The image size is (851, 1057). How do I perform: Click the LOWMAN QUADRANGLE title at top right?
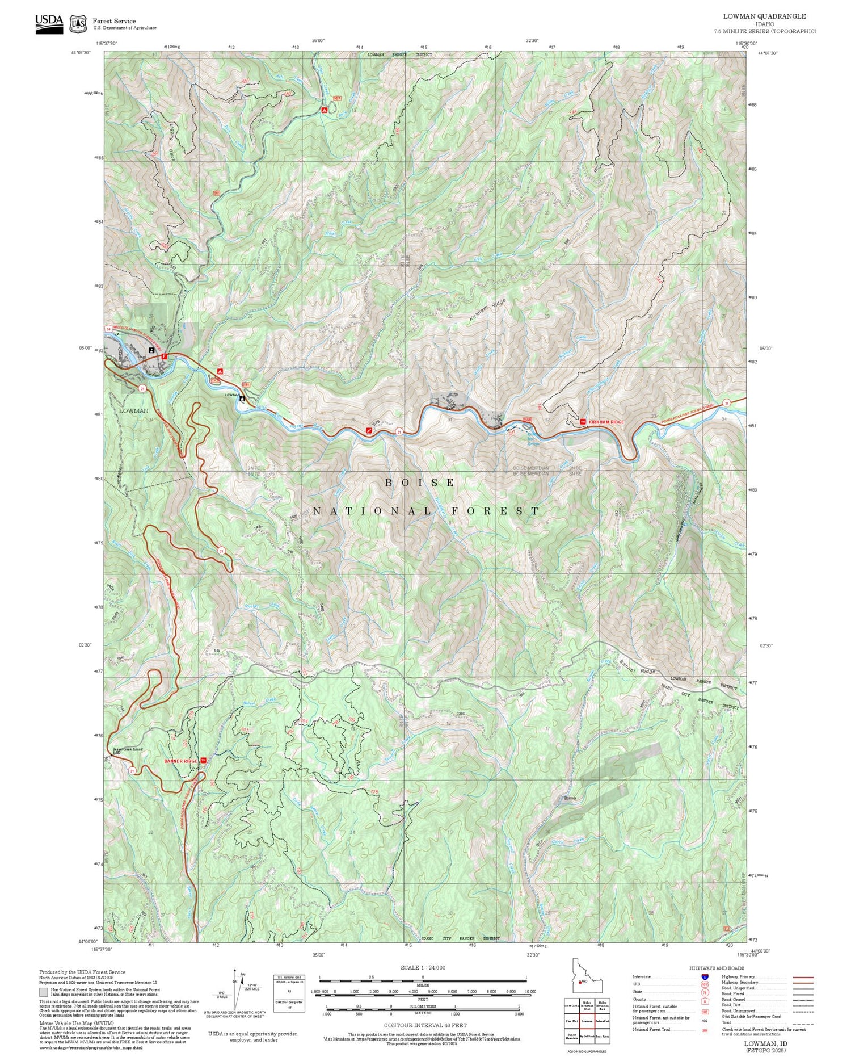[764, 16]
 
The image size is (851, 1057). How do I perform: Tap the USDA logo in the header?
[49, 23]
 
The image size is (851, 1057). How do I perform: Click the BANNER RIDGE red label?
[180, 761]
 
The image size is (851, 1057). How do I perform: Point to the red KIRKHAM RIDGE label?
[606, 422]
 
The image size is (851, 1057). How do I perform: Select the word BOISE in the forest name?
[420, 483]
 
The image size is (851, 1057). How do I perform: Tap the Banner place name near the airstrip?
[570, 798]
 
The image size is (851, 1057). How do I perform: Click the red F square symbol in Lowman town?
[165, 356]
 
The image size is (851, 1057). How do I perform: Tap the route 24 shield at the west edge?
[108, 329]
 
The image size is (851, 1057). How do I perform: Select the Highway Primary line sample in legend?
[801, 978]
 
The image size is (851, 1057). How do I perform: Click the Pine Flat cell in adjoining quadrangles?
[571, 1021]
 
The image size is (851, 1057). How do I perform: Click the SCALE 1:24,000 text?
[423, 968]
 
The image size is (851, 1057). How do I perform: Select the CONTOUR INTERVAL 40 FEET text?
[425, 1025]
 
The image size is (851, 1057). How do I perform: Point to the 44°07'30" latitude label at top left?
[83, 53]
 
